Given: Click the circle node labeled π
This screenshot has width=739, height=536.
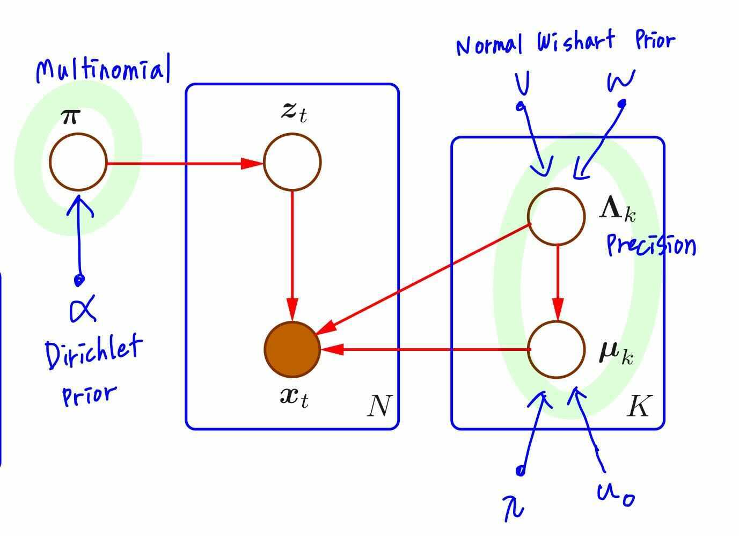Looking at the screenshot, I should coord(78,161).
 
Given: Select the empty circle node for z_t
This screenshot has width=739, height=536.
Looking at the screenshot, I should coord(292,161).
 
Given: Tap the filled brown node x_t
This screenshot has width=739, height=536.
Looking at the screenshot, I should coord(292,349).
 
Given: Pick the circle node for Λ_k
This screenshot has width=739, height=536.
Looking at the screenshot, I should coord(557,216).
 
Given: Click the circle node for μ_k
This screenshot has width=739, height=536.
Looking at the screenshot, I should coord(557,349).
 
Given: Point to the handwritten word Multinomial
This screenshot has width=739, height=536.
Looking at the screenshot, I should coord(102,70).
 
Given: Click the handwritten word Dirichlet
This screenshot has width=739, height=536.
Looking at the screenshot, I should coord(94,351).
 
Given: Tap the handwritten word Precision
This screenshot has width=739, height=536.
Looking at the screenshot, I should coord(651,246).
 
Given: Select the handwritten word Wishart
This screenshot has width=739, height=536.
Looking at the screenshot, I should coord(576,42).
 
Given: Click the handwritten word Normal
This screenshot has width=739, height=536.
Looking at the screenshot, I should coord(489,46).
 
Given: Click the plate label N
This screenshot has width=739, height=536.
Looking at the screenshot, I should coord(379,406).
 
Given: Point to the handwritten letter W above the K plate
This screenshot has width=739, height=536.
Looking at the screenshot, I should coord(621,80).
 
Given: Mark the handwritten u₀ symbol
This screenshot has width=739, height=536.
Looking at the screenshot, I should coord(616,494).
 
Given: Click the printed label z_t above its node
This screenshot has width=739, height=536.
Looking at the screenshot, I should coord(294,112).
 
